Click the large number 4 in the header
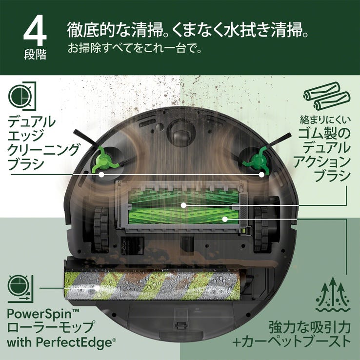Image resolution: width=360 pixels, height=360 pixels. [x=35, y=32]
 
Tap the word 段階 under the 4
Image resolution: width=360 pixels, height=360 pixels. [x=35, y=54]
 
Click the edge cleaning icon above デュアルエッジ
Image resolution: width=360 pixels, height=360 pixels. [x=21, y=96]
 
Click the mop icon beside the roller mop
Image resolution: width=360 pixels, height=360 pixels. [x=20, y=288]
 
